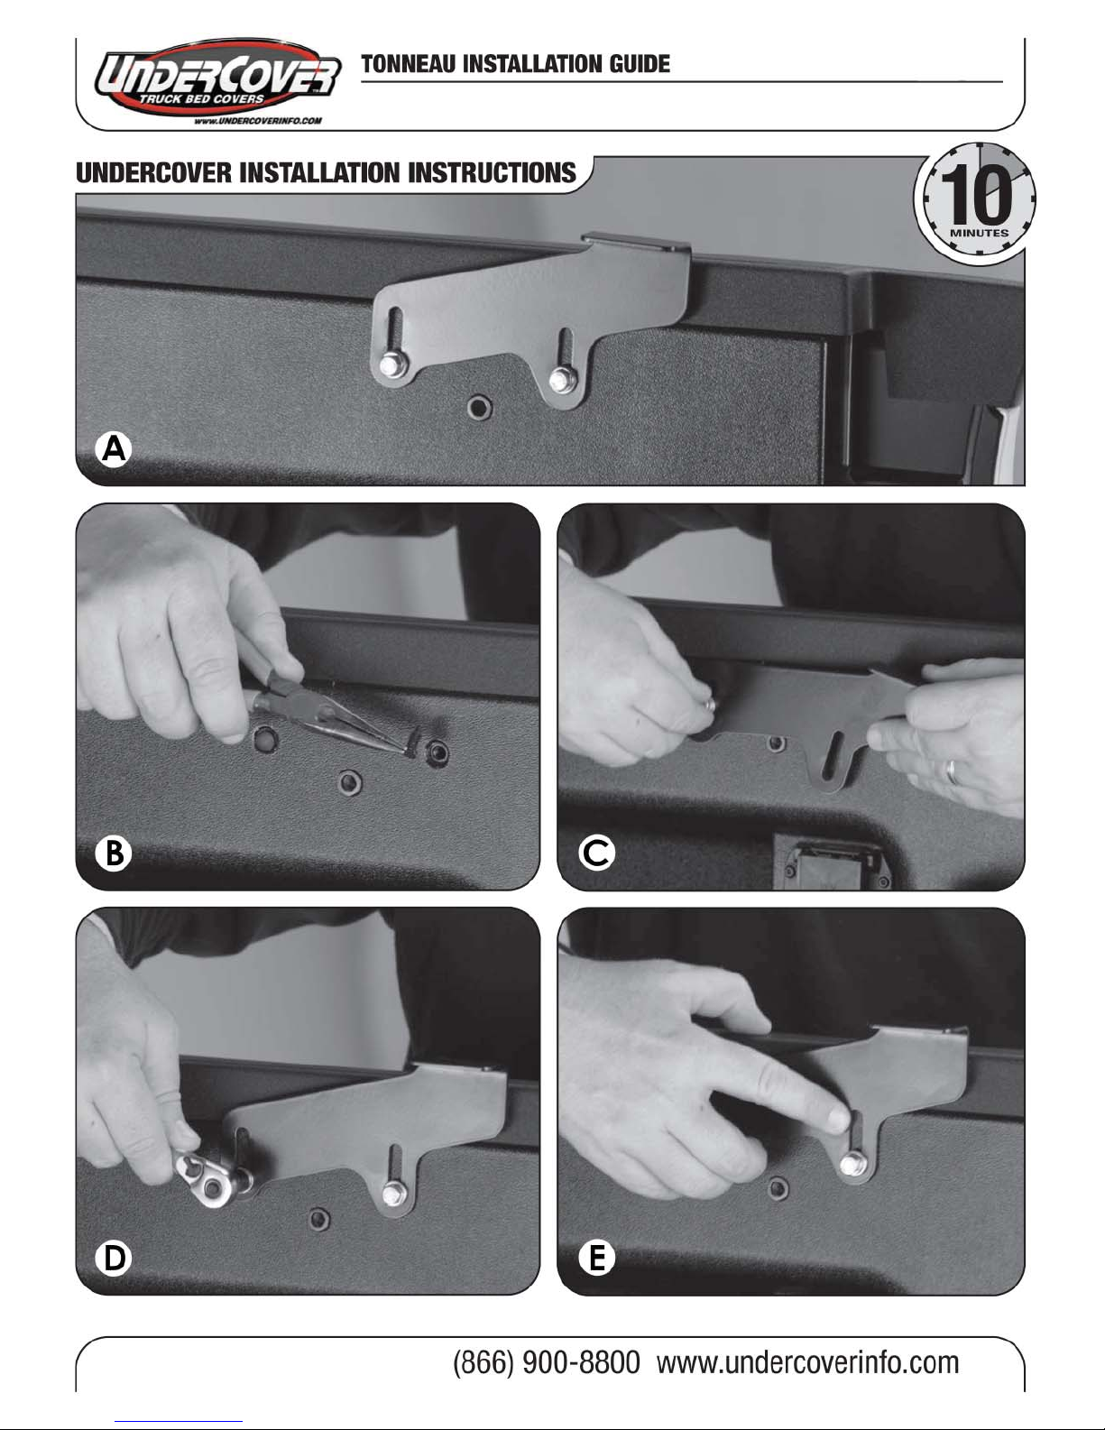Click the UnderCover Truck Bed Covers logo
(217, 81)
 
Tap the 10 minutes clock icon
(975, 200)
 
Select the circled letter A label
(114, 449)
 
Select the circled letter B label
(114, 853)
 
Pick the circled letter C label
(596, 853)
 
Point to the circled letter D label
(114, 1258)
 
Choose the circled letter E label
(596, 1258)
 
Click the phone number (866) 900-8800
(547, 1362)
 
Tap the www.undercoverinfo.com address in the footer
(807, 1362)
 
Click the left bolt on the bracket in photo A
(392, 363)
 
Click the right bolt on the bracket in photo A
(560, 381)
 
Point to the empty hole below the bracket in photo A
(480, 408)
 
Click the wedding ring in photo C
(951, 771)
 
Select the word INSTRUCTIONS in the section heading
(492, 172)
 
